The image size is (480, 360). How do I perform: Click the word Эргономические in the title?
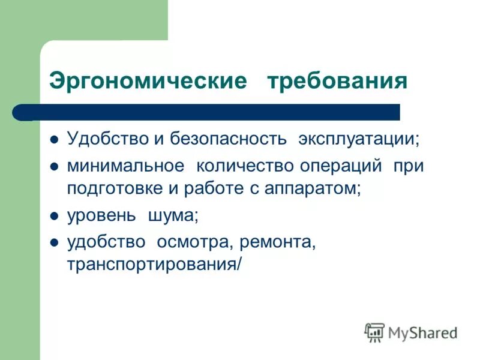[148, 81]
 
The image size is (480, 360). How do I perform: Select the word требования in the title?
[337, 81]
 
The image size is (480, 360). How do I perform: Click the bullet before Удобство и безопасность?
[54, 140]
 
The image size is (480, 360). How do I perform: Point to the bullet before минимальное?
[54, 167]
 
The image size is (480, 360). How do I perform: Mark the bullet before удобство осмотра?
[54, 243]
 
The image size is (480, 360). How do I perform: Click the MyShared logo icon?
[374, 332]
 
